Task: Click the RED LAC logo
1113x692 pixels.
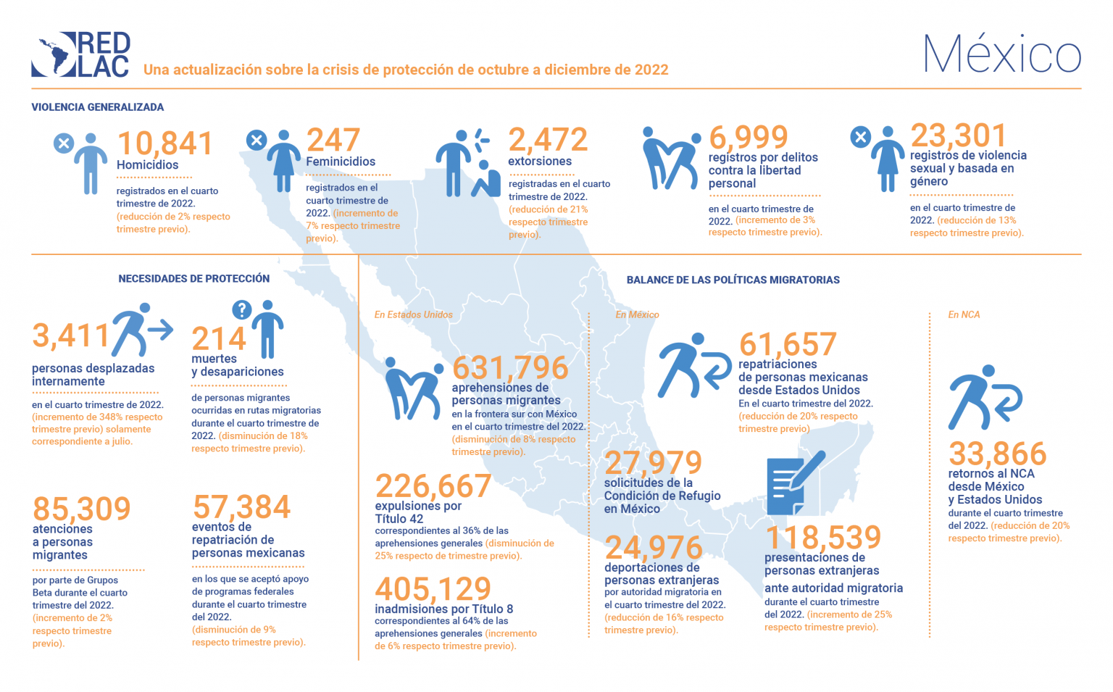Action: pos(80,54)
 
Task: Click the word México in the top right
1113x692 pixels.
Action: pos(1002,54)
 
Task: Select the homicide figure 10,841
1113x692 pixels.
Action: pos(165,143)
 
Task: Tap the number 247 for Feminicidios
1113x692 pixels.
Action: pos(333,140)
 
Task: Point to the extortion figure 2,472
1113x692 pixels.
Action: pos(548,140)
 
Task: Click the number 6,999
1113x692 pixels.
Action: pos(749,137)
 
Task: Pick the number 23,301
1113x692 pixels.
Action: pos(959,136)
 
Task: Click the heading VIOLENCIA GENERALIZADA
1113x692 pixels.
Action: pos(98,107)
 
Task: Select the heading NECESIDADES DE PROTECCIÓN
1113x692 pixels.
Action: pos(194,279)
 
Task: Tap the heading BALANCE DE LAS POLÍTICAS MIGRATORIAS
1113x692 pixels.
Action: pos(733,280)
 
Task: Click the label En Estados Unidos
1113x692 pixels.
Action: pos(413,314)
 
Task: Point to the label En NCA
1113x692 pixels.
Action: pos(964,314)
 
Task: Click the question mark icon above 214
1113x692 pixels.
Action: pos(241,310)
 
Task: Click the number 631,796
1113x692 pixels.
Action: pos(510,368)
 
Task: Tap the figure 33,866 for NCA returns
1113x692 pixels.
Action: pos(998,454)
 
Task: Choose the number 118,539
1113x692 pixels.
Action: pos(823,538)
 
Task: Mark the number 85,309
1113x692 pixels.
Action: pos(82,509)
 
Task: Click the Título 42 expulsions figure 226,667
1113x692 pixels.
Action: pos(433,486)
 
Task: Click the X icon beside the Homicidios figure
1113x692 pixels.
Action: pos(64,143)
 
